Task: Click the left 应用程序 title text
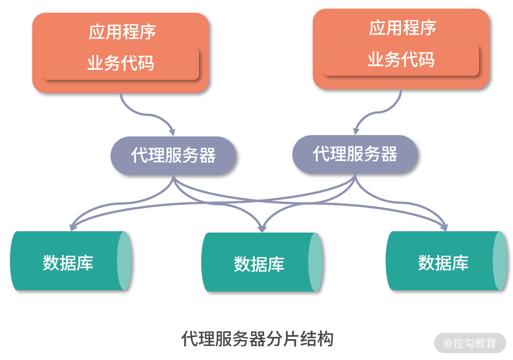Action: [x=122, y=32]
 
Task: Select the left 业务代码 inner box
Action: [x=121, y=63]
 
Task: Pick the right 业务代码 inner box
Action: [x=401, y=60]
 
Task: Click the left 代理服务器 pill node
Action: [x=173, y=156]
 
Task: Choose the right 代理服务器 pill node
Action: [x=355, y=154]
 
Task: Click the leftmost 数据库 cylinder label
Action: [x=68, y=263]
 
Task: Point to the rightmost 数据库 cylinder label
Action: [x=443, y=263]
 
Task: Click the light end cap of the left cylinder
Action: [x=124, y=261]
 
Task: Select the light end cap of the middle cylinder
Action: [x=315, y=263]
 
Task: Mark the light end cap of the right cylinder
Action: [x=500, y=261]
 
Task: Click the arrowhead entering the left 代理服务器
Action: [x=172, y=132]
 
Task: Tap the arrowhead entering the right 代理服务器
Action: [x=356, y=131]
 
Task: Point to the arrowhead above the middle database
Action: [x=261, y=229]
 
